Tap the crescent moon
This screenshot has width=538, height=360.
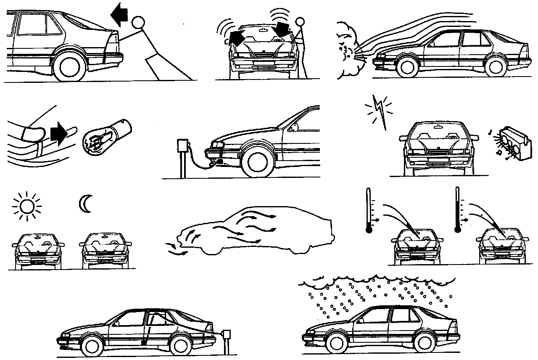[84, 204]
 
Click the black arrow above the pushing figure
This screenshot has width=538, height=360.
[119, 16]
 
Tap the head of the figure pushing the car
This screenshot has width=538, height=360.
[138, 23]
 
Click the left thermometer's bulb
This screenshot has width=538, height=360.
[369, 230]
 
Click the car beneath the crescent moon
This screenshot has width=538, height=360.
[105, 250]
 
